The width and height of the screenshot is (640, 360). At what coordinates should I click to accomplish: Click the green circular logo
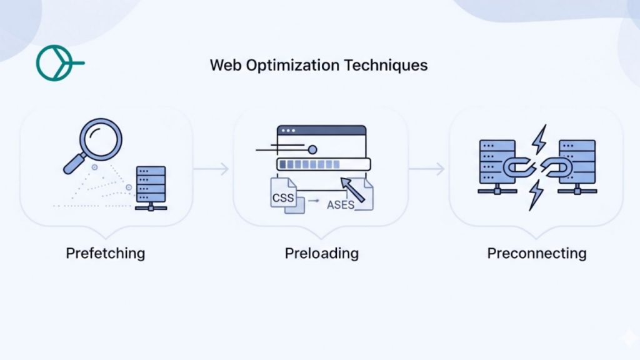(54, 63)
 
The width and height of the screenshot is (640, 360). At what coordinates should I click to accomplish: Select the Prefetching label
(105, 253)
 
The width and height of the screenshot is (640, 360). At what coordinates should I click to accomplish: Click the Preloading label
(321, 253)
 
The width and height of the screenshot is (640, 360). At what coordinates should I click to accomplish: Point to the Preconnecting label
(536, 253)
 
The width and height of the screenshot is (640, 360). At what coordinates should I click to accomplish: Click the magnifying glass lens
(101, 139)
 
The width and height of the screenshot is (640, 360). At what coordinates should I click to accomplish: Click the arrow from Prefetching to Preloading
(211, 168)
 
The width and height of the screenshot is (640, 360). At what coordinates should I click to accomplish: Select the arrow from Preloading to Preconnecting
(428, 168)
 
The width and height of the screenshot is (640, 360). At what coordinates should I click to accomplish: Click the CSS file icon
(282, 196)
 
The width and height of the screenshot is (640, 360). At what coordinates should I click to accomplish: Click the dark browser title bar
(321, 131)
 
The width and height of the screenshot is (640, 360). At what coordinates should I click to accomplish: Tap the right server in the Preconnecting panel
(577, 164)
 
